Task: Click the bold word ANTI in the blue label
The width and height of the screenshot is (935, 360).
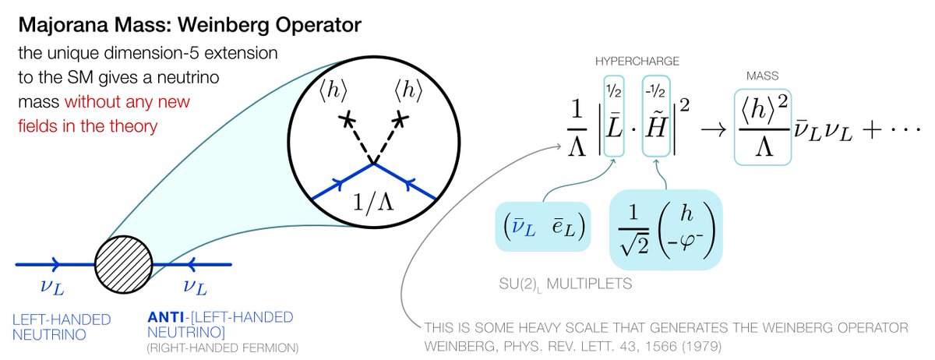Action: click(168, 318)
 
